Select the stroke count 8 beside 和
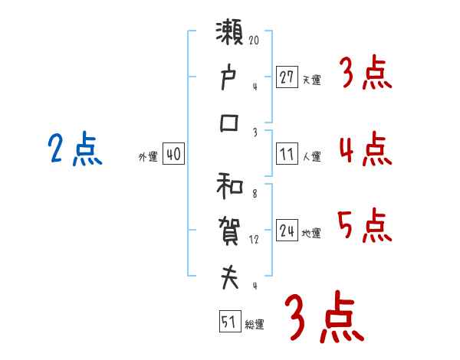(254, 194)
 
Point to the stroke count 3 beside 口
(254, 133)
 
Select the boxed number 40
(173, 154)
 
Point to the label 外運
(148, 157)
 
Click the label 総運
(255, 325)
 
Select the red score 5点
(364, 225)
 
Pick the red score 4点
(364, 149)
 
